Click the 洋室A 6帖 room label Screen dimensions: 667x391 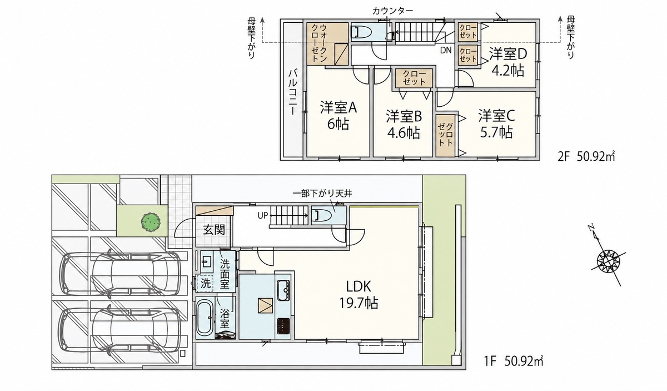click(x=339, y=116)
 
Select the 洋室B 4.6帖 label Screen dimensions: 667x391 click(x=404, y=125)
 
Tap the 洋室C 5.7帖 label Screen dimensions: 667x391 click(x=496, y=124)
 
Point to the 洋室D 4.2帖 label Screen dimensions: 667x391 click(x=508, y=62)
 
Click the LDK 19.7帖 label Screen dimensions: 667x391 click(x=359, y=295)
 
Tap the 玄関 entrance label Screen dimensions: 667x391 click(x=214, y=230)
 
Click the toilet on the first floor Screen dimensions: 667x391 click(x=321, y=215)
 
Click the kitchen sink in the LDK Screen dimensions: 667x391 click(x=283, y=290)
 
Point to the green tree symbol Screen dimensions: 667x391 click(x=151, y=222)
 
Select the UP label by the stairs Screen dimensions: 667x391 click(x=263, y=215)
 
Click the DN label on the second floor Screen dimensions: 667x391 click(x=446, y=51)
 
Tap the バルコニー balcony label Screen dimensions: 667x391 click(x=293, y=93)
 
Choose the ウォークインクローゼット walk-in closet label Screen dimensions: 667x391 click(x=319, y=43)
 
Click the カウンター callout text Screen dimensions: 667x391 click(x=392, y=11)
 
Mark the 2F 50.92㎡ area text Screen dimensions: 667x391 click(x=586, y=156)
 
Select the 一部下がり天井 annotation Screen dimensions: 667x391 click(x=322, y=194)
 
